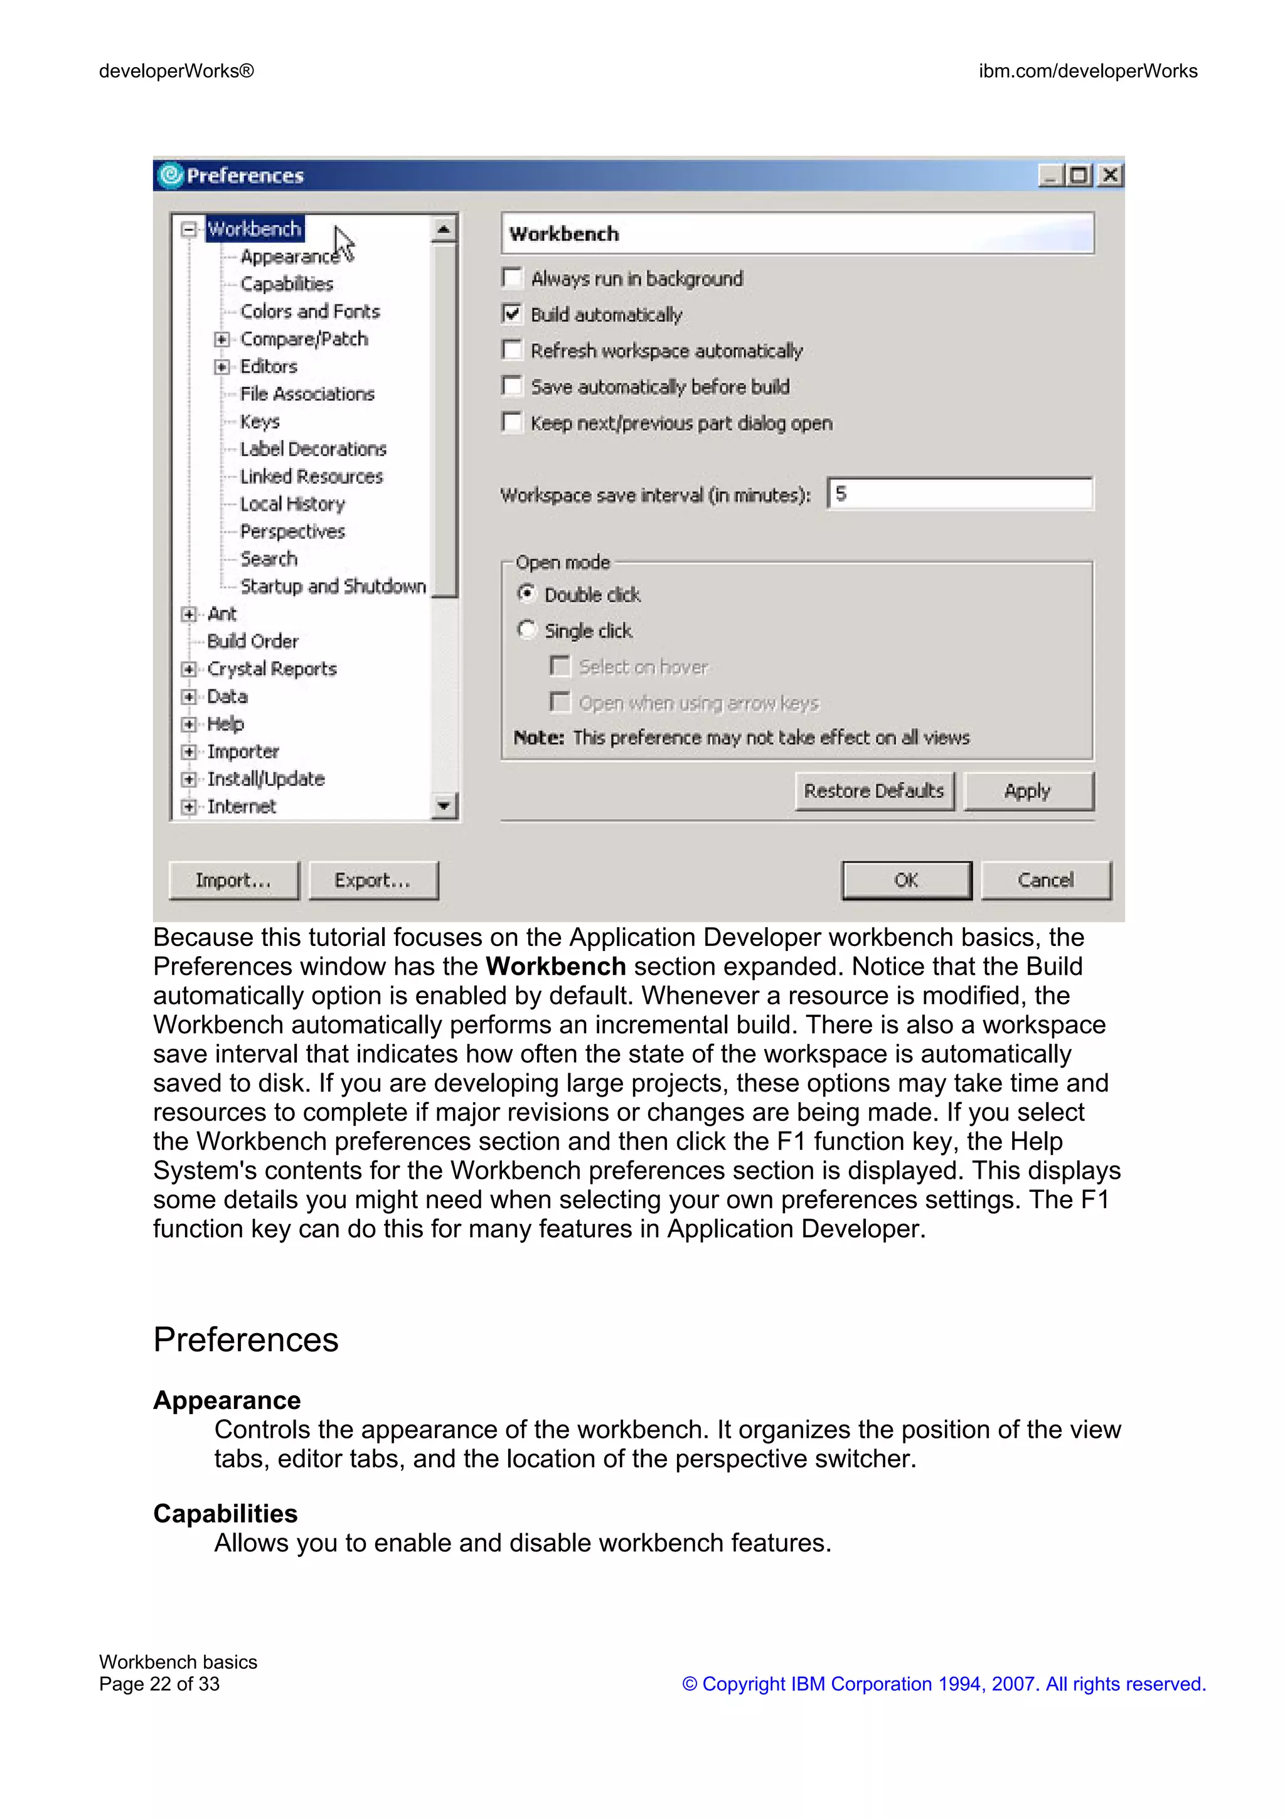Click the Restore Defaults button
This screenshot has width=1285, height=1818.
[x=873, y=790]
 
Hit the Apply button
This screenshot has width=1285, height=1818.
[x=1028, y=790]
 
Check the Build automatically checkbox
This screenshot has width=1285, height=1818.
[x=512, y=314]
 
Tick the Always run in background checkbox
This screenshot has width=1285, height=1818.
[x=512, y=278]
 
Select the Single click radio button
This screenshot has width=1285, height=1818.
[x=526, y=630]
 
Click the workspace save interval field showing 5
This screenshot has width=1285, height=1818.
[x=959, y=494]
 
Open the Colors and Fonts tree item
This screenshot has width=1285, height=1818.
[x=309, y=311]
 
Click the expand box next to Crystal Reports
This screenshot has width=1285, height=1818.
[x=188, y=669]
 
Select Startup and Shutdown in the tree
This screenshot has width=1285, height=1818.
[x=333, y=586]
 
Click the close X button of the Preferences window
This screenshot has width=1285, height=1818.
[x=1110, y=175]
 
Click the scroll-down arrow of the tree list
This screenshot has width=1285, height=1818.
[x=444, y=806]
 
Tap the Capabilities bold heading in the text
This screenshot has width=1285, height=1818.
[x=225, y=1513]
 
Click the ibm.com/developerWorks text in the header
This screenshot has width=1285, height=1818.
[x=1087, y=72]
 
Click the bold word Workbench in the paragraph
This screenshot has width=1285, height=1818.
[x=555, y=966]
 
